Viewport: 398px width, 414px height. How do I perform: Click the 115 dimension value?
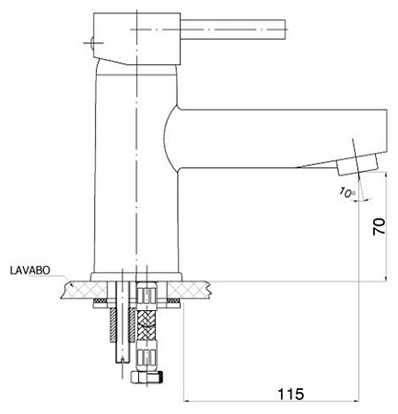(x=290, y=394)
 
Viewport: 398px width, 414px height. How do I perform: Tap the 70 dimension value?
(x=379, y=226)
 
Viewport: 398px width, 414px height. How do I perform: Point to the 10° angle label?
(x=347, y=192)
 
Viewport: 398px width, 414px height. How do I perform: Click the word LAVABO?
(x=29, y=270)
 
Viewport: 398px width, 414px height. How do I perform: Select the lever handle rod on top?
(x=233, y=29)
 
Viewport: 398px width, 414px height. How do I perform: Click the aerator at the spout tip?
(x=357, y=165)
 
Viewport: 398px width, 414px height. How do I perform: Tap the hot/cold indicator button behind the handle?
(x=91, y=42)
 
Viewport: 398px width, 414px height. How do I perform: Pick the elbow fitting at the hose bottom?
(x=146, y=377)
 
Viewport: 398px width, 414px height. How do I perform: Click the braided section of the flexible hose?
(x=146, y=325)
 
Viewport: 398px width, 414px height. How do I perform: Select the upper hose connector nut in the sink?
(x=146, y=296)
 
